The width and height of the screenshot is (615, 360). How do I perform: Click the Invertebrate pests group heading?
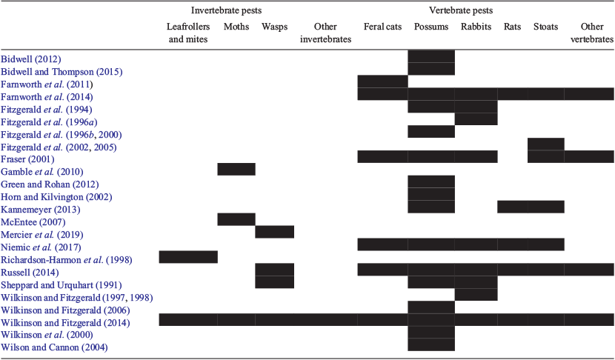pos(226,10)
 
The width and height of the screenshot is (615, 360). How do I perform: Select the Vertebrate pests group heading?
pos(461,10)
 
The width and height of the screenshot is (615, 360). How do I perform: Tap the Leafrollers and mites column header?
pos(188,33)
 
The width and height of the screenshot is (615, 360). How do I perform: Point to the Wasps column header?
pos(275,27)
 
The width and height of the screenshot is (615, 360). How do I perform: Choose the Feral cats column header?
pos(382,27)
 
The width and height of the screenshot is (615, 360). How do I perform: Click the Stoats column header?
pos(545,27)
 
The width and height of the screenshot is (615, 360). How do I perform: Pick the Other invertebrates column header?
pos(325,33)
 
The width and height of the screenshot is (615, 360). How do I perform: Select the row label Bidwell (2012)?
pos(31,59)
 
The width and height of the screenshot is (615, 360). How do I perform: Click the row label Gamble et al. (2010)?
pos(42,172)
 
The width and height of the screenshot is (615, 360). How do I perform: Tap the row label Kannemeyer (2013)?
pos(41,210)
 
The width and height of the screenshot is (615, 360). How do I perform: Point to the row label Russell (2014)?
pos(30,272)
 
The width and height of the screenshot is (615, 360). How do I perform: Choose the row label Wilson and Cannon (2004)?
pos(54,347)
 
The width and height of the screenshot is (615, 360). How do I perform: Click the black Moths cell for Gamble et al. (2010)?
pos(236,169)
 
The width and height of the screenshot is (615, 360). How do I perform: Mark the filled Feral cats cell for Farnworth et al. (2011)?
pos(383,81)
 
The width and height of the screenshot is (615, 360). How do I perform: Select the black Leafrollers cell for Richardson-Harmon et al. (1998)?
pos(188,257)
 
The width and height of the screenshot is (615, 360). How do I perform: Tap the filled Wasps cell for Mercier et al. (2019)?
pos(275,232)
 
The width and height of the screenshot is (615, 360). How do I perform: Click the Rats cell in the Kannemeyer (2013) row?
pos(513,207)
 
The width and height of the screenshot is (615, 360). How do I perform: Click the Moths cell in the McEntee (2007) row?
pos(236,219)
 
